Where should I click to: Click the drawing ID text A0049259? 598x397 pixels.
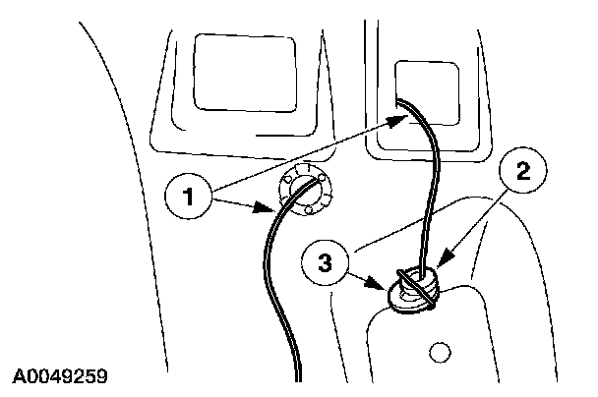[60, 376]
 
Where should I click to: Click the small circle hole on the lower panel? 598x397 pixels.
[441, 350]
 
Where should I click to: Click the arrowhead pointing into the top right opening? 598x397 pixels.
[401, 118]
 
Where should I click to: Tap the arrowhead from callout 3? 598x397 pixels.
[388, 292]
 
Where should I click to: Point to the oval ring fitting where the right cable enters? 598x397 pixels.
[411, 291]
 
